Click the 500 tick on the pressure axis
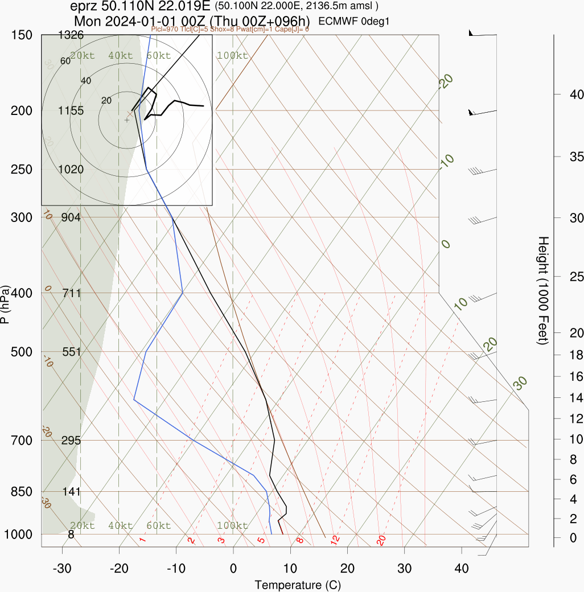[22, 352]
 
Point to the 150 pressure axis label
[22, 35]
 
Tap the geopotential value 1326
[71, 35]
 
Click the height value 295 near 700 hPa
[71, 441]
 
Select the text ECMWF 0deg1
[353, 22]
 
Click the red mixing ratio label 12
[335, 538]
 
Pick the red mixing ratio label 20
[381, 540]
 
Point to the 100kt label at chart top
[232, 56]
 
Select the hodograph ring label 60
[65, 61]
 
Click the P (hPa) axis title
[5, 305]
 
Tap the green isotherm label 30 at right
[520, 384]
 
